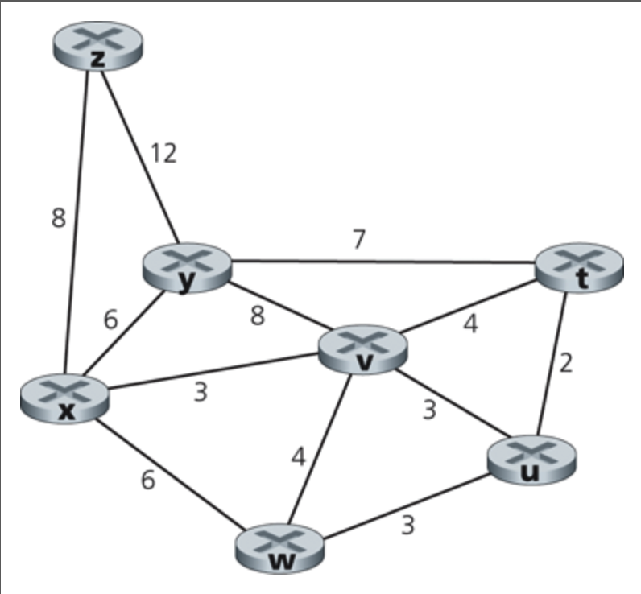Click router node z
tap(97, 46)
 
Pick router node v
tap(363, 350)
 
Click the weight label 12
tap(163, 152)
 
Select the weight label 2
tap(566, 363)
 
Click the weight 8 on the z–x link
tap(58, 218)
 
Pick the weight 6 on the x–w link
tap(147, 480)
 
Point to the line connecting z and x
tap(78, 225)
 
